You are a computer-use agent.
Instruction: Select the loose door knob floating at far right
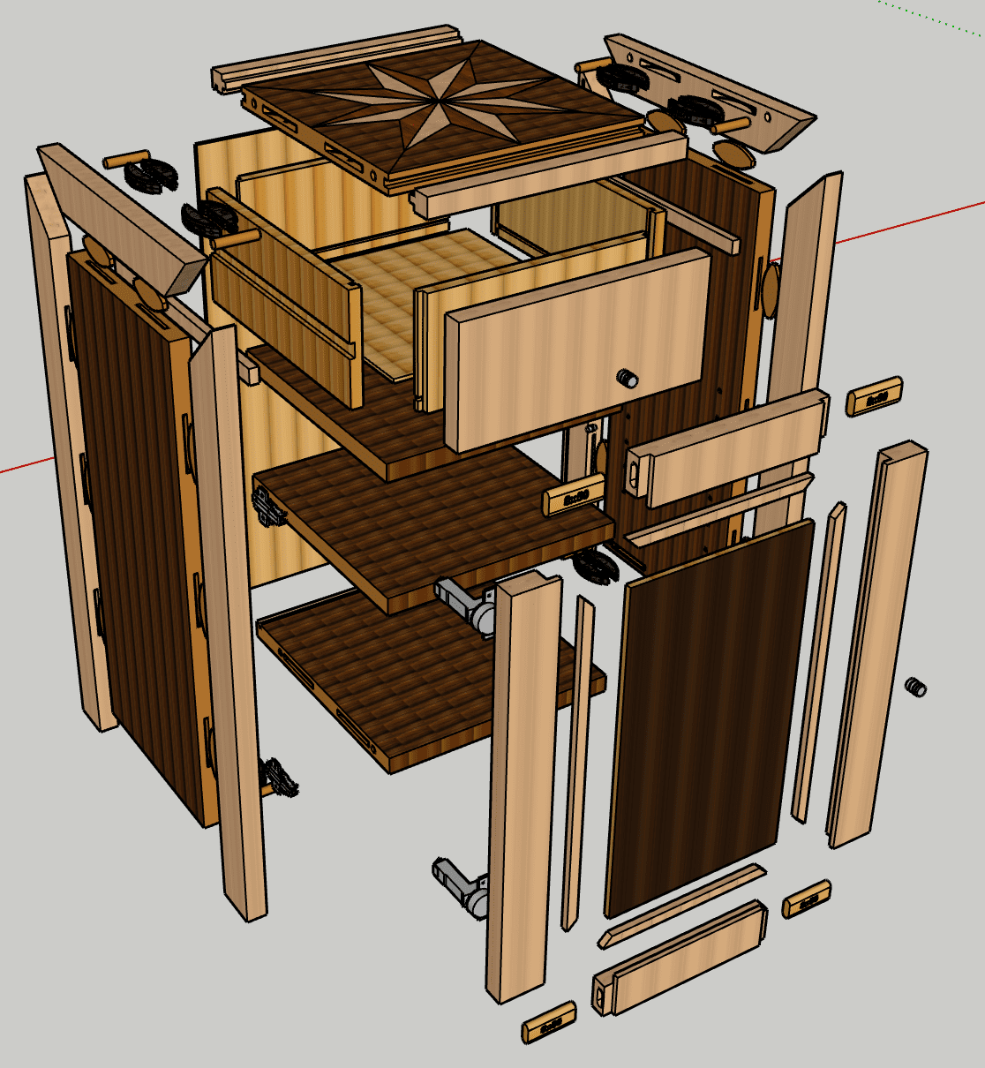point(916,686)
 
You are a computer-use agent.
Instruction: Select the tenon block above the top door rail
point(875,396)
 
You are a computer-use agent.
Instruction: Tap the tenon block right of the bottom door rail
point(806,899)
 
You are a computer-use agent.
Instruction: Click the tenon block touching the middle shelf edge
point(573,497)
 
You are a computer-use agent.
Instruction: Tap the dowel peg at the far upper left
point(123,162)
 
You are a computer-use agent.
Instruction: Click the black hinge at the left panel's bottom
point(278,778)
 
